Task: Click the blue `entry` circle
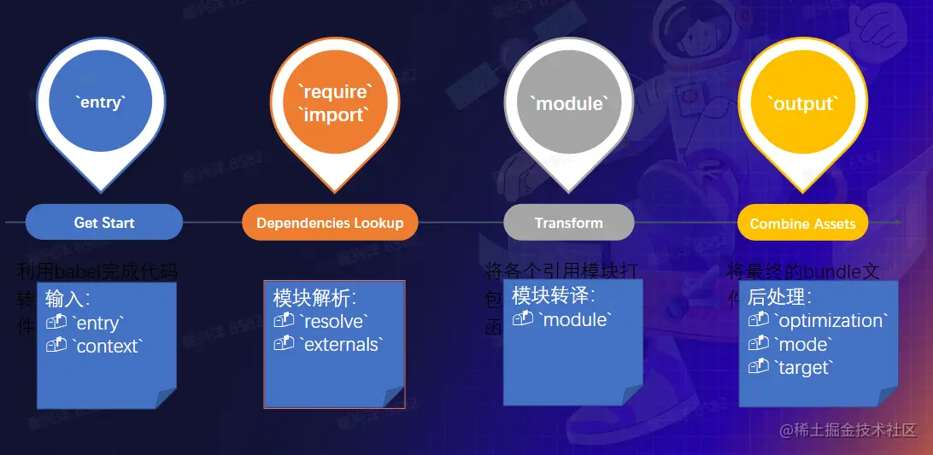(x=102, y=102)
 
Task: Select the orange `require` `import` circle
(x=335, y=102)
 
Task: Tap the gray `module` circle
(x=569, y=103)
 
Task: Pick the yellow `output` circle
(x=802, y=103)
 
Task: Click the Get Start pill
(x=104, y=222)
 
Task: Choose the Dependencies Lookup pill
(x=330, y=223)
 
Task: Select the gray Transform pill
(x=569, y=223)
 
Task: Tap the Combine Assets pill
(x=802, y=224)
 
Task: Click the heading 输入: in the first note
(x=68, y=300)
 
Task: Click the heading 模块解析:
(x=314, y=298)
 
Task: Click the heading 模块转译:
(x=553, y=295)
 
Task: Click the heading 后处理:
(x=779, y=297)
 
